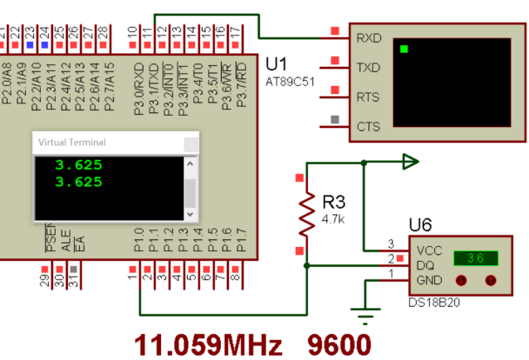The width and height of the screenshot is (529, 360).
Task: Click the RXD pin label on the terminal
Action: coord(369,39)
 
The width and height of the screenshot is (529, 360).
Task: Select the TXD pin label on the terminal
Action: coord(369,67)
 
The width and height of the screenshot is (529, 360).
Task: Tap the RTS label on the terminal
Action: coord(369,97)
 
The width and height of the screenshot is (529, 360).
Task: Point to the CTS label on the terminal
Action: coord(369,126)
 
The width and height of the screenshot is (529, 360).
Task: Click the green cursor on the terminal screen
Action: coord(403,49)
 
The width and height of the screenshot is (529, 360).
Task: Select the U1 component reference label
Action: coord(276,65)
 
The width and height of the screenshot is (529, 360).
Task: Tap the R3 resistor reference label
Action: coord(334,201)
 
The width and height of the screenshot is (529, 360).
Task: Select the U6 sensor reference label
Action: coord(420,225)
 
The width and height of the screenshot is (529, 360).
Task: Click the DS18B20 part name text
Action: coord(432,303)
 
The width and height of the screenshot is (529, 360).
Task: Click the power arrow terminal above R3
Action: coord(410,161)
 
